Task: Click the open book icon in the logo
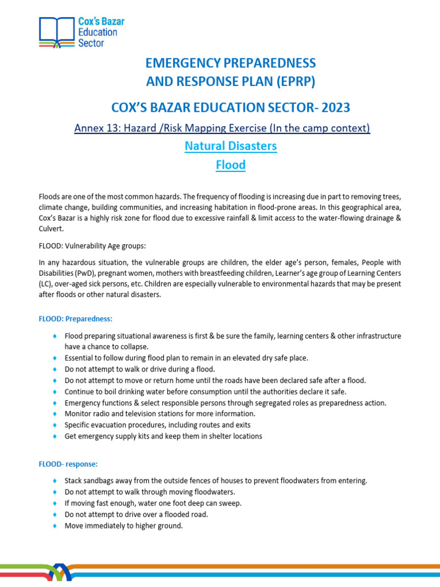click(x=56, y=32)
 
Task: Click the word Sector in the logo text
click(x=91, y=43)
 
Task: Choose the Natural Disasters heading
click(x=230, y=146)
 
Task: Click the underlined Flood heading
click(x=230, y=165)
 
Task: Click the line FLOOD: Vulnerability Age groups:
click(x=92, y=246)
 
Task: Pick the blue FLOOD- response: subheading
click(x=69, y=463)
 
